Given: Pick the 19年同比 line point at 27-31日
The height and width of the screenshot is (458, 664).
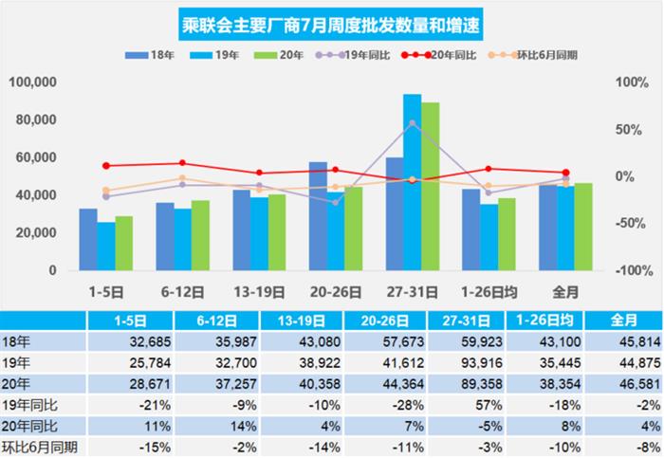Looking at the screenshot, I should tap(412, 122).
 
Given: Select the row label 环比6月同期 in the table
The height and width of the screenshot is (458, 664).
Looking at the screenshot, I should tap(40, 447).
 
